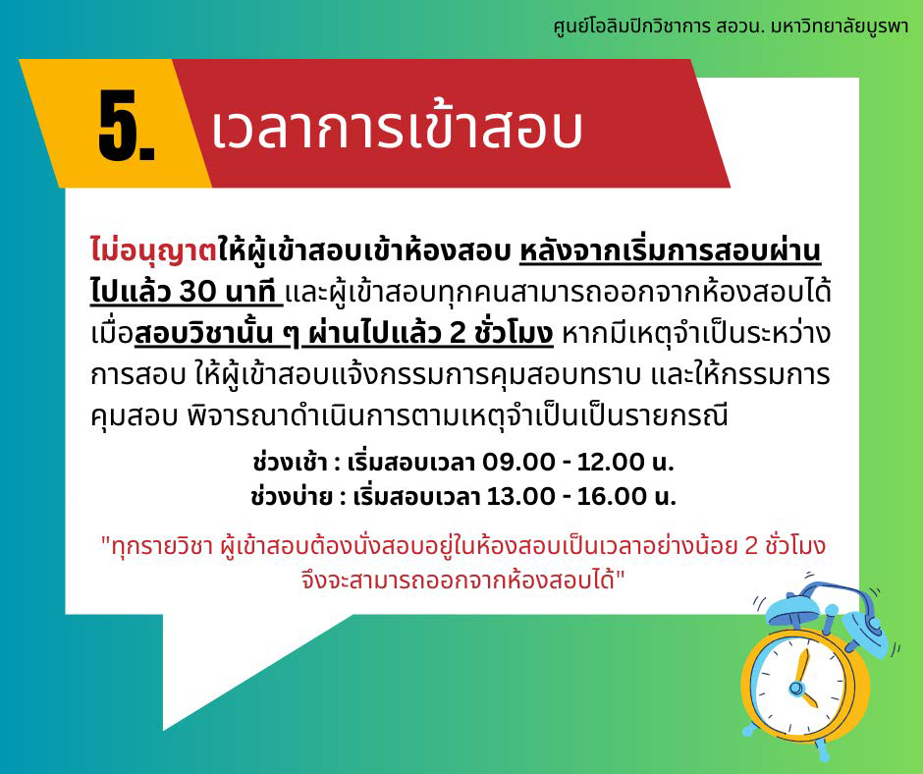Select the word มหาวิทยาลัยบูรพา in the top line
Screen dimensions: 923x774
tap(840, 28)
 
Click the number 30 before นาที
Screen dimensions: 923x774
tap(197, 291)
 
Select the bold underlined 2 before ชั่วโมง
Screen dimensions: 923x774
tap(458, 333)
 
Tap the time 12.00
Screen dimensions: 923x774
tap(611, 462)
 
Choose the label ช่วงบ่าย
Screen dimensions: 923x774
tap(291, 496)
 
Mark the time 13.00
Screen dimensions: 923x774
tap(520, 497)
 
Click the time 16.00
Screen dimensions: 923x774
tap(612, 497)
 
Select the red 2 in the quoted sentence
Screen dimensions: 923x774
tap(750, 546)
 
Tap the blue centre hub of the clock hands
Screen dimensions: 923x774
tap(796, 688)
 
